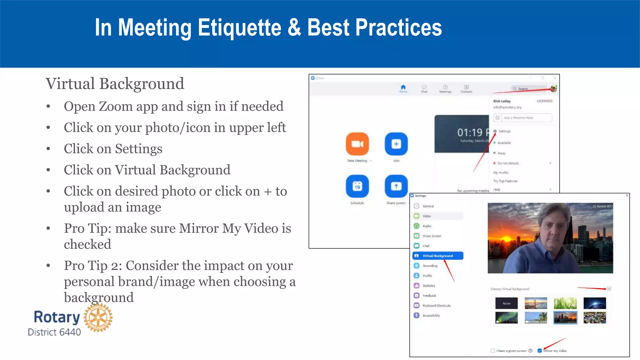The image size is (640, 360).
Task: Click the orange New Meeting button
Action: tap(357, 144)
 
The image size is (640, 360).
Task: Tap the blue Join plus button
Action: tap(396, 144)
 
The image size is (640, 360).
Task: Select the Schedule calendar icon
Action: tap(357, 186)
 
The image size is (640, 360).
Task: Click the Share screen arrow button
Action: tap(396, 186)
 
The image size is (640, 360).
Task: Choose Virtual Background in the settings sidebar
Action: tap(437, 256)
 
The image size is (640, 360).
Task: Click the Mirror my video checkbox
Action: tap(539, 351)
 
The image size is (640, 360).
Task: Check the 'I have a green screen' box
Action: tap(493, 351)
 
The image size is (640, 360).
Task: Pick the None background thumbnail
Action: tap(506, 303)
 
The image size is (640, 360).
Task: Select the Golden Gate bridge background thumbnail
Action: tap(536, 303)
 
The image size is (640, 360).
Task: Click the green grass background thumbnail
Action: tap(565, 303)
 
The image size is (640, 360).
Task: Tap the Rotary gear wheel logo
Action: tap(98, 317)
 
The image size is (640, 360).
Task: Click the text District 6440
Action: tap(54, 332)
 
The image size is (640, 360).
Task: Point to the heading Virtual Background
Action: tap(115, 84)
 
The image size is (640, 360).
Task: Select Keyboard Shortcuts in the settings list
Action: tap(436, 305)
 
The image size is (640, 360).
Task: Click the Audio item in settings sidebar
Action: tap(427, 226)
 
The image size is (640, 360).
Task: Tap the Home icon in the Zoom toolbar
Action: tap(403, 87)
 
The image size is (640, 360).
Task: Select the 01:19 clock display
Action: tap(470, 132)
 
